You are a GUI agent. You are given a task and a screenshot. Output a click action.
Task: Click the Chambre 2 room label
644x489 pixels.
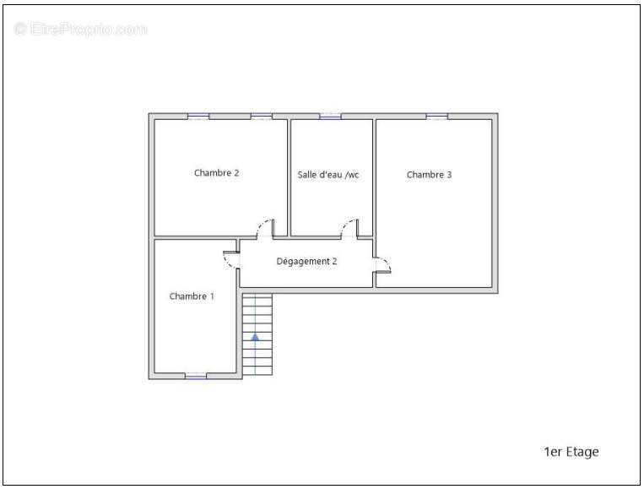tap(216, 173)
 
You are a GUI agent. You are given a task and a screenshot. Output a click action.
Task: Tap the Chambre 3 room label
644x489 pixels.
tap(430, 175)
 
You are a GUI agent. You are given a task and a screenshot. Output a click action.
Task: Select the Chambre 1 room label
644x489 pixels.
tap(192, 296)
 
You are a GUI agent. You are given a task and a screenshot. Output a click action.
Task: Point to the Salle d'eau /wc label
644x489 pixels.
tap(328, 175)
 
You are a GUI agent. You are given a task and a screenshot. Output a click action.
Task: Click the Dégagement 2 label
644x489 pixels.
tap(306, 261)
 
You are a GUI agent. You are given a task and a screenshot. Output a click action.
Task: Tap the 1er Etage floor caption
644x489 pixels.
tap(571, 452)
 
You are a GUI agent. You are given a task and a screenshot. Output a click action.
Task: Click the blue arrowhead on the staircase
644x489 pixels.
tap(255, 337)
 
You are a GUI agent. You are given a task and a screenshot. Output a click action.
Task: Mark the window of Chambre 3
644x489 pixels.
tap(436, 117)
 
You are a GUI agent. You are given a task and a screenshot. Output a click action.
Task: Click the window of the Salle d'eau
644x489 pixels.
tap(331, 117)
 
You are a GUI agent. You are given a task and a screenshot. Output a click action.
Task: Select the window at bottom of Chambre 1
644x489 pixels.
tap(196, 376)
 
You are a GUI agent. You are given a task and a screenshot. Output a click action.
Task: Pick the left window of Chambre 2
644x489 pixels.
tap(198, 117)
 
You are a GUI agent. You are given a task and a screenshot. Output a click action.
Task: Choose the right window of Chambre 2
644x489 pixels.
tap(262, 117)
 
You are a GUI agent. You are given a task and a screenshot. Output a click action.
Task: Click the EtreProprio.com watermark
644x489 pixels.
tap(80, 30)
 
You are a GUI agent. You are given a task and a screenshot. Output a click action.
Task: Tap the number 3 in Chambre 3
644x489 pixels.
tap(449, 175)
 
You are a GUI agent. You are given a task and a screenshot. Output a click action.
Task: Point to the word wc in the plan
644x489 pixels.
tap(353, 176)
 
